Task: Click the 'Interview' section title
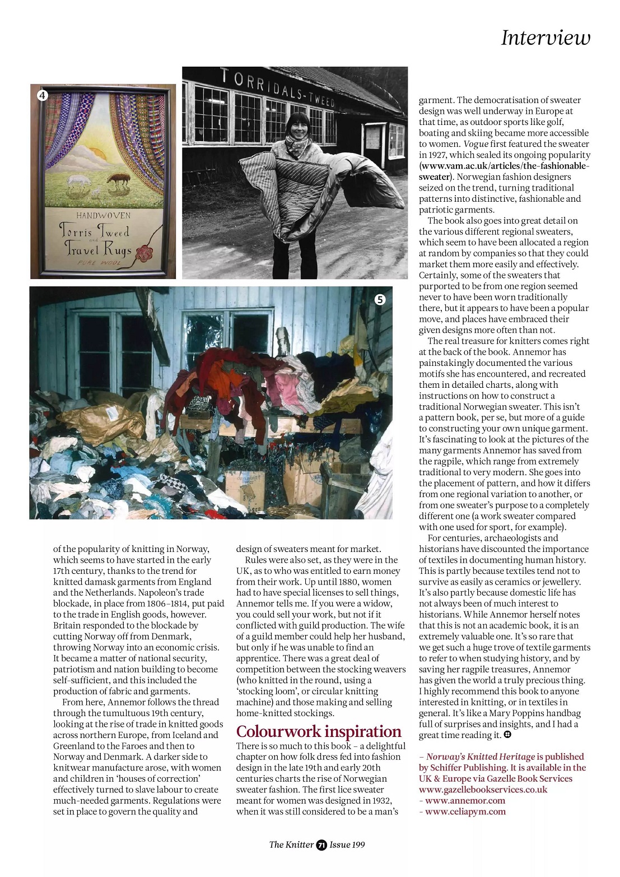point(545,38)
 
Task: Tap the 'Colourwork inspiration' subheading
point(319,731)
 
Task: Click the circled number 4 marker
point(43,95)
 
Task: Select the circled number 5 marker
point(380,299)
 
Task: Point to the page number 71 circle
point(321,845)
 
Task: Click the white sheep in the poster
point(78,180)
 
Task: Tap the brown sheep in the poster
point(119,179)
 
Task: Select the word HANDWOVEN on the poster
point(104,215)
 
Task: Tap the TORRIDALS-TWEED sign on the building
point(278,88)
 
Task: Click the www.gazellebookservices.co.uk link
point(483,790)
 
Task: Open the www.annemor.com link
point(465,800)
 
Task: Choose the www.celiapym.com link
point(465,811)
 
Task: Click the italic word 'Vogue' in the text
point(476,144)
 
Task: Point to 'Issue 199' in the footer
point(347,845)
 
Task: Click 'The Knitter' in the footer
point(291,845)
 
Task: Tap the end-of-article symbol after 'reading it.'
point(507,735)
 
